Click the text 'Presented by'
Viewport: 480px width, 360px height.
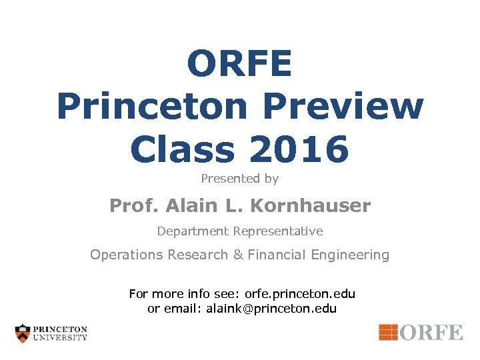tap(239, 179)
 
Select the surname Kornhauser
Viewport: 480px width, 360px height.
tap(310, 206)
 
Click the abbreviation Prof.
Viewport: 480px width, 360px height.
tap(131, 206)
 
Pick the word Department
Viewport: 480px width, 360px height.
tap(193, 231)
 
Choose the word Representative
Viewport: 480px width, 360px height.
tap(278, 231)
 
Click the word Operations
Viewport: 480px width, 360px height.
tap(127, 255)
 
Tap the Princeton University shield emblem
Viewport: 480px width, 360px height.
tap(23, 333)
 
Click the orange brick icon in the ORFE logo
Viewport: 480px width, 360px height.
tap(388, 331)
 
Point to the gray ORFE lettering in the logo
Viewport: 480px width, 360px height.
tap(431, 332)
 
